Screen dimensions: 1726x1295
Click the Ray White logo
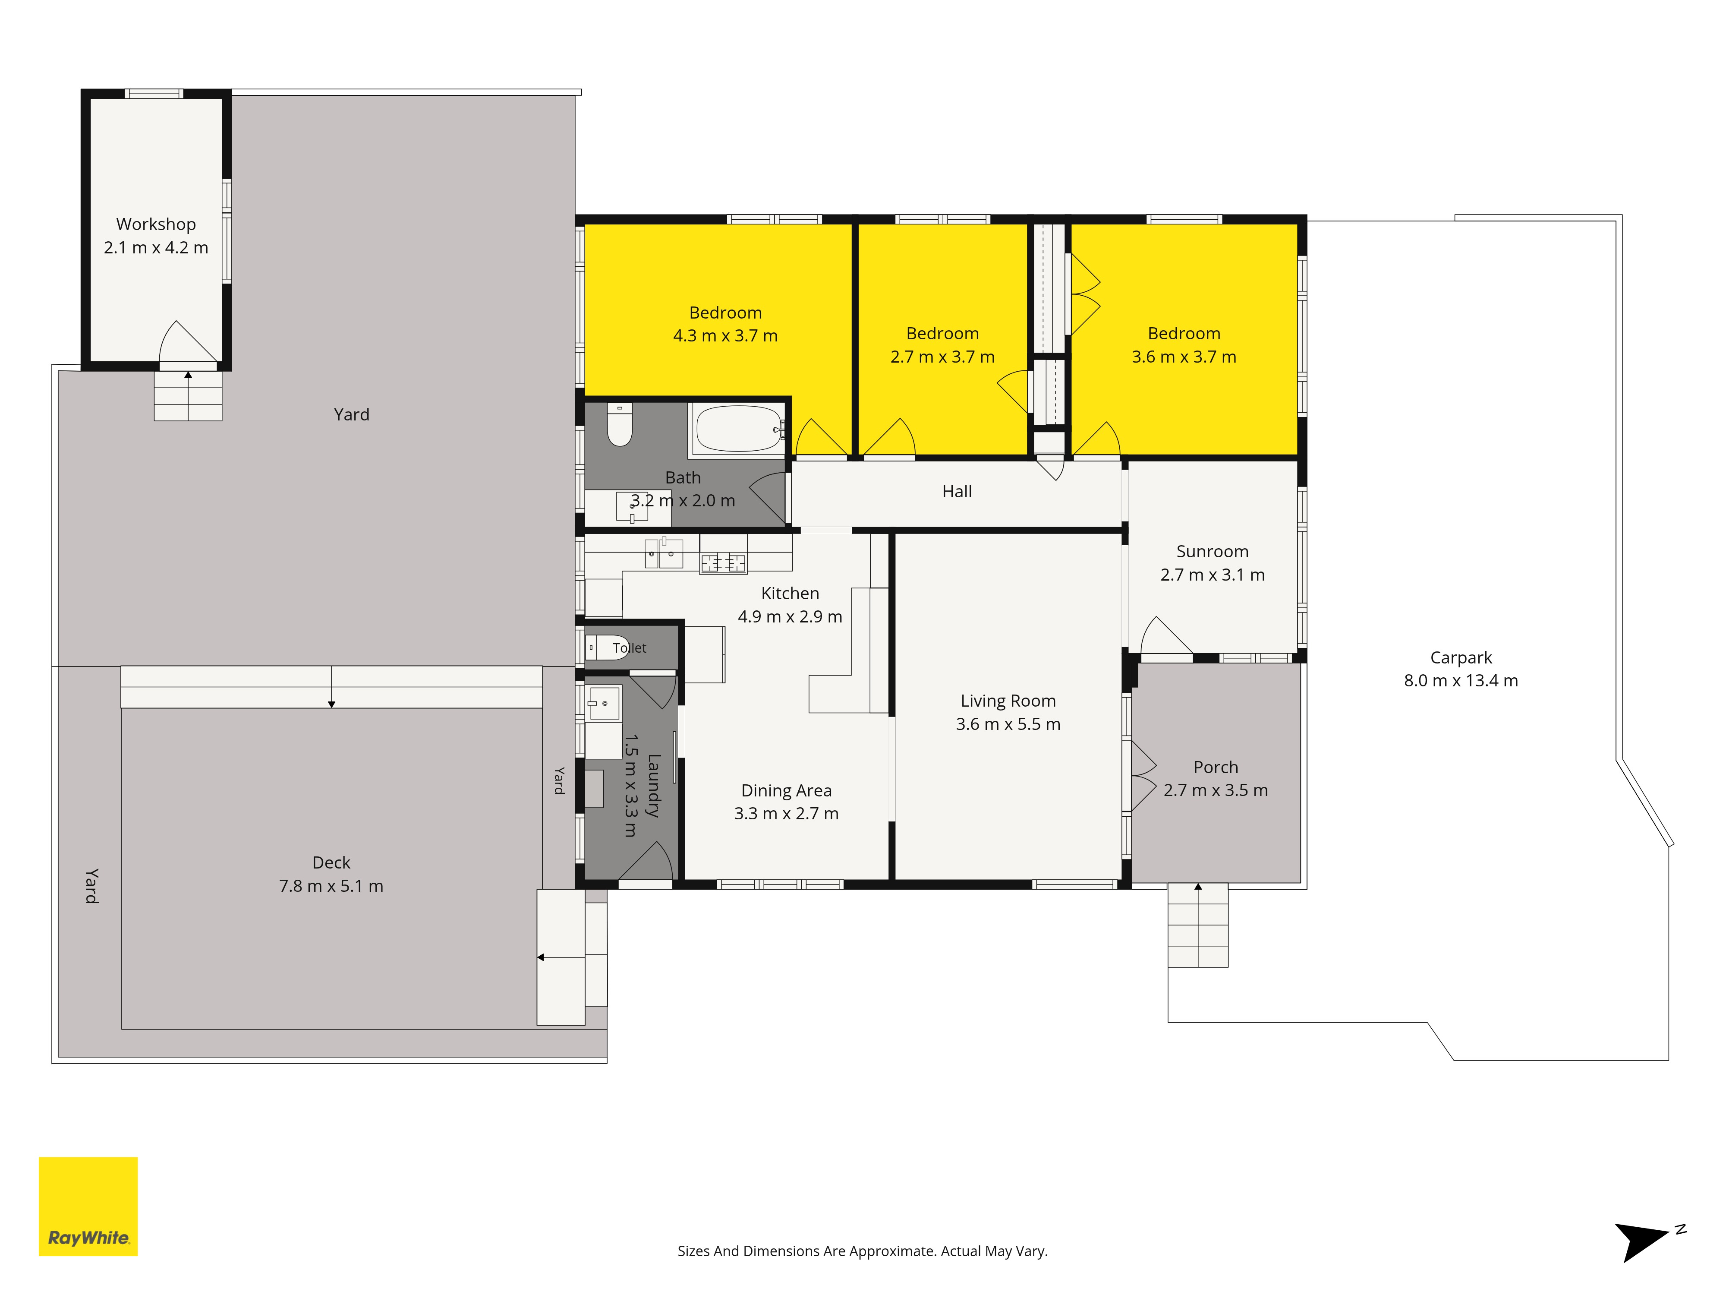(x=88, y=1206)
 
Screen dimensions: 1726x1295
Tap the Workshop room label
(x=156, y=224)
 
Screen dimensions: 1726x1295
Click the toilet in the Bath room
(x=620, y=425)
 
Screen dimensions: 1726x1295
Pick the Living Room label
(x=1008, y=701)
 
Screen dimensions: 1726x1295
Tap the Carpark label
(x=1461, y=658)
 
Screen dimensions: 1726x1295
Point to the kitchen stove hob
(x=723, y=562)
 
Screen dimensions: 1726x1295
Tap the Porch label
(x=1216, y=768)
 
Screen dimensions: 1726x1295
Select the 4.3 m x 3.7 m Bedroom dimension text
(x=726, y=336)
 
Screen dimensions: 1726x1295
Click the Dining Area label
(x=787, y=791)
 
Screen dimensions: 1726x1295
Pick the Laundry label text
(x=654, y=785)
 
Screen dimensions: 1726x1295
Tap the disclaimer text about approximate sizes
(x=862, y=1251)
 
